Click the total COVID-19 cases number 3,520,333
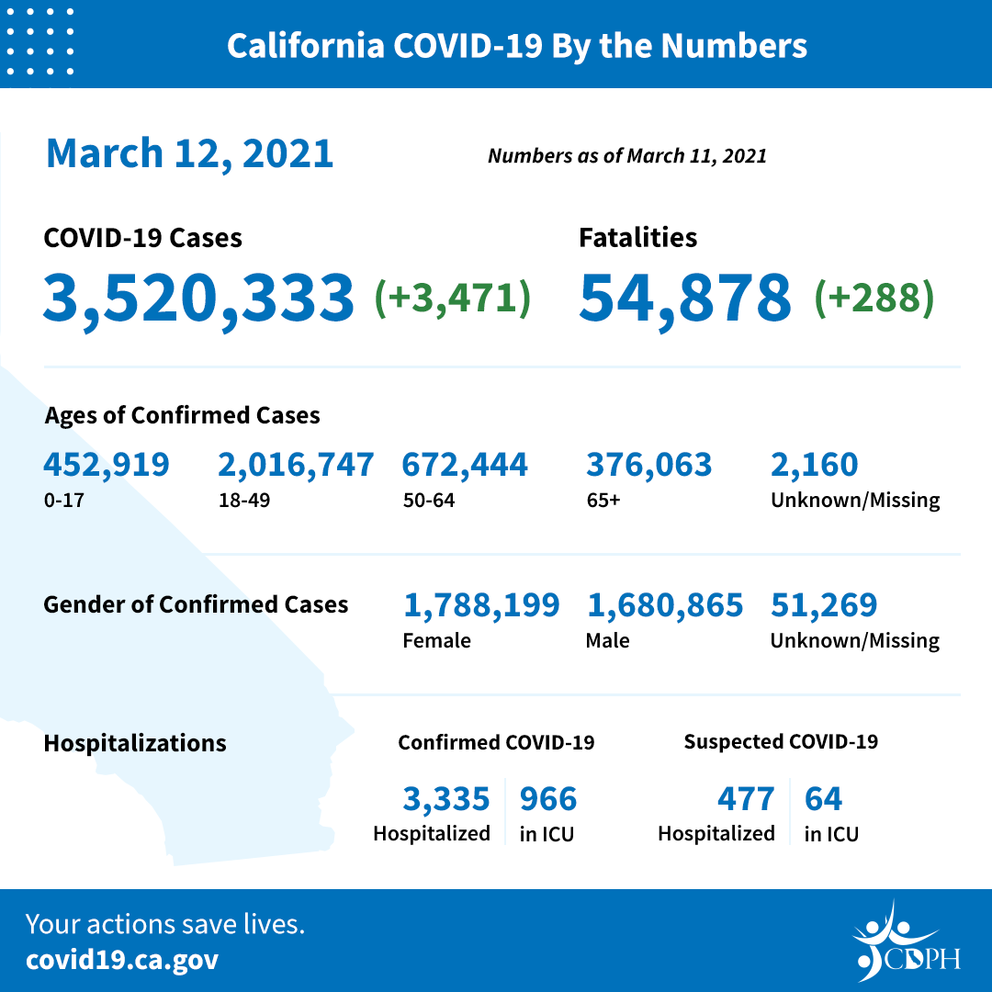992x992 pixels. click(197, 298)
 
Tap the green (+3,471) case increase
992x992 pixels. click(452, 298)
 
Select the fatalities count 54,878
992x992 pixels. click(684, 298)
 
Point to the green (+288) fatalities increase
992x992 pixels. click(874, 298)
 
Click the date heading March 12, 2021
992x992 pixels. click(189, 152)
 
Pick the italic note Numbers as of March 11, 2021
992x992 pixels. click(626, 155)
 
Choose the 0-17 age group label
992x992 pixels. click(60, 501)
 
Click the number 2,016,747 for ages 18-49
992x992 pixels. click(295, 465)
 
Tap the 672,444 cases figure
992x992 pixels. click(464, 465)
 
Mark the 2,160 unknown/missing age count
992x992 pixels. click(814, 465)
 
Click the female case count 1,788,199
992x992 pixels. click(480, 604)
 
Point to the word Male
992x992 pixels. click(607, 640)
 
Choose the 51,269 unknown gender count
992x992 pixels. click(823, 604)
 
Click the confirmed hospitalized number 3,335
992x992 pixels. click(445, 799)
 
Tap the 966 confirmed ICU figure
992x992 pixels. click(548, 799)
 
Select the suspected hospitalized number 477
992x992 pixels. click(745, 799)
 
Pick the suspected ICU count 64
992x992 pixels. click(823, 799)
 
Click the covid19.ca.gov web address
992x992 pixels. click(122, 961)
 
